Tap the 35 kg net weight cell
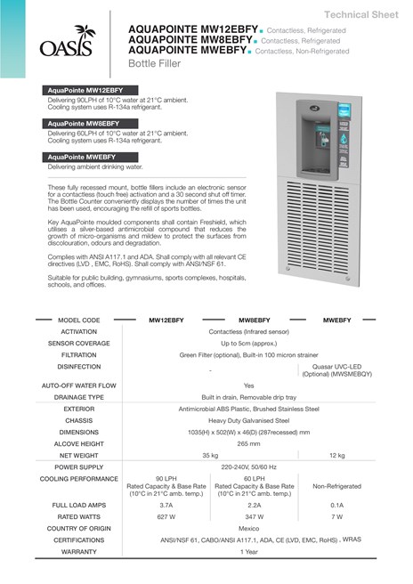(x=210, y=454)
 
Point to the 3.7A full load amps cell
(x=166, y=505)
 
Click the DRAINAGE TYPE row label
(x=78, y=396)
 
